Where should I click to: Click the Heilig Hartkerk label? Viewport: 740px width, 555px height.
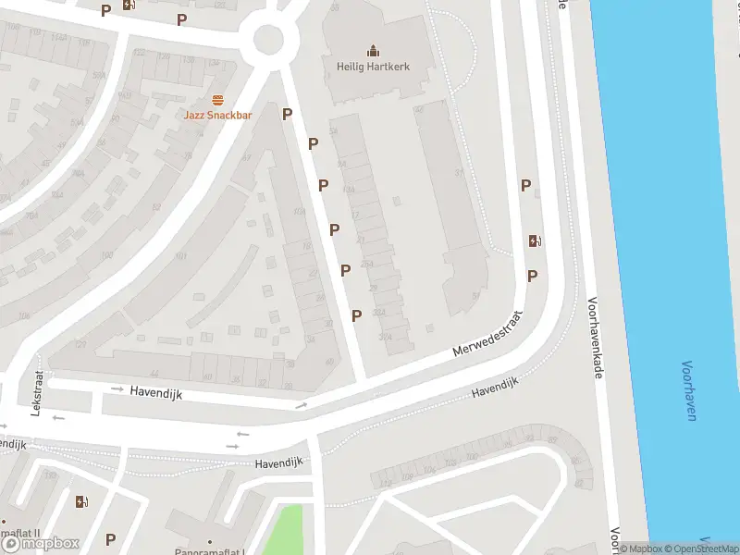[372, 67]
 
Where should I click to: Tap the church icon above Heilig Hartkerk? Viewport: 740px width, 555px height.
[372, 50]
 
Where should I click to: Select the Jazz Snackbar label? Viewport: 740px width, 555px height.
[217, 115]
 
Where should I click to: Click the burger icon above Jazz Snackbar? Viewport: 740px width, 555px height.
[217, 100]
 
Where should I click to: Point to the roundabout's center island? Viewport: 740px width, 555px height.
[268, 39]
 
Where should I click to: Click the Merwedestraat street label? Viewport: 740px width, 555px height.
[487, 336]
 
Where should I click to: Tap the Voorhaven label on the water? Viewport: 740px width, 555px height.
[689, 390]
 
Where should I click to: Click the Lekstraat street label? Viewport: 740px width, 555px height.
[38, 393]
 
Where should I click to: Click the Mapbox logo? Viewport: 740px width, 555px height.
[41, 543]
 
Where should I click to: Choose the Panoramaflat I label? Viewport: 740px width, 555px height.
[211, 550]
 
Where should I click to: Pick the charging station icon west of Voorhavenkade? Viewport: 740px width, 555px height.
[535, 241]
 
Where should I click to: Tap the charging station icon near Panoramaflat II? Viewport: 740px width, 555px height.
[81, 502]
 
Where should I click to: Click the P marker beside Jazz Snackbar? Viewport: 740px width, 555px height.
[287, 114]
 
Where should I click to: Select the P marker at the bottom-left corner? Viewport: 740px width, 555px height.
[111, 539]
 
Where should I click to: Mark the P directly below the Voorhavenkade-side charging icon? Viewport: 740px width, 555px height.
[532, 276]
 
